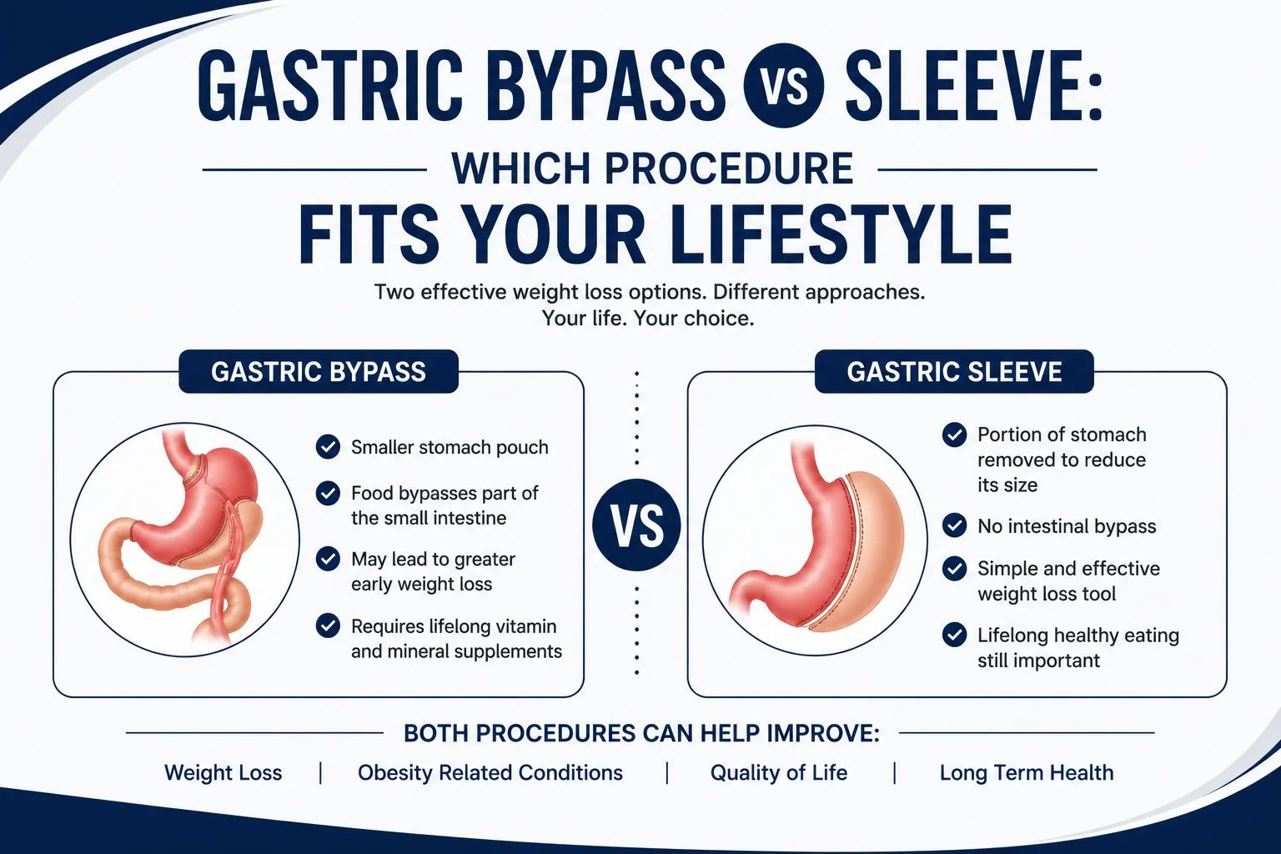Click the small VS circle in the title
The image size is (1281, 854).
pyautogui.click(x=783, y=86)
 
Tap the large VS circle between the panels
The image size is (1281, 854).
pyautogui.click(x=636, y=525)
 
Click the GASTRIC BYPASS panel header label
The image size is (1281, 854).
pyautogui.click(x=319, y=372)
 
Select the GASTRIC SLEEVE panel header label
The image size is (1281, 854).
pyautogui.click(x=954, y=372)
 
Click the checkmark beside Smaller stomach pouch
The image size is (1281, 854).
pyautogui.click(x=328, y=447)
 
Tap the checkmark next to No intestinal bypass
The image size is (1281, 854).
pyautogui.click(x=954, y=525)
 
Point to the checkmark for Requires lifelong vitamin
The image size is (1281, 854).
pyautogui.click(x=328, y=625)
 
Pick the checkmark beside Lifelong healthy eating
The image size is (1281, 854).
pyautogui.click(x=954, y=635)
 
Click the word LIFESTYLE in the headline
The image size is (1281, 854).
pyautogui.click(x=841, y=235)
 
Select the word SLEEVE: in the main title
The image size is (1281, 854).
pyautogui.click(x=972, y=86)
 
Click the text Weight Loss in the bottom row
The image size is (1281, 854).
pyautogui.click(x=223, y=773)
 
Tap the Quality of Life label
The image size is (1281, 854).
pyautogui.click(x=778, y=773)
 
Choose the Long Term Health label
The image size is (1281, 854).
pyautogui.click(x=1027, y=773)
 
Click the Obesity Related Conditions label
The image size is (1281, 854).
pyautogui.click(x=490, y=773)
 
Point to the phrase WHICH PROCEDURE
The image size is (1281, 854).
pyautogui.click(x=652, y=168)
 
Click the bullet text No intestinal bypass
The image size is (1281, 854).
pyautogui.click(x=1067, y=526)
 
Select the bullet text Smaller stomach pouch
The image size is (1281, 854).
pyautogui.click(x=450, y=447)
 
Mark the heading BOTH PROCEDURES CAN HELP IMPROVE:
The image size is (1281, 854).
pyautogui.click(x=641, y=733)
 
